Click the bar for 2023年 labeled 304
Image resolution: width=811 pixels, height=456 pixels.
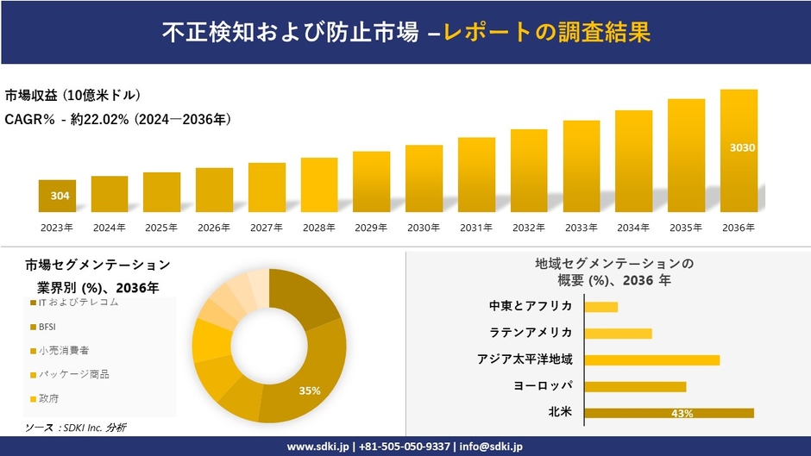pyautogui.click(x=57, y=196)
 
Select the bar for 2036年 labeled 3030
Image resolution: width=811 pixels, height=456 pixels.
pyautogui.click(x=739, y=151)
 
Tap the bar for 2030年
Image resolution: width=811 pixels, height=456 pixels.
pyautogui.click(x=424, y=178)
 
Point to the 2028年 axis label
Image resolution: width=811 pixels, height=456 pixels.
pyautogui.click(x=319, y=228)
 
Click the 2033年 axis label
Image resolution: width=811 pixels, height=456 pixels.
pyautogui.click(x=582, y=228)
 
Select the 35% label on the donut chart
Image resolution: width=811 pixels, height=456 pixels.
pyautogui.click(x=310, y=390)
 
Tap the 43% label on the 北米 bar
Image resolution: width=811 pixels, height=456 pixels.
pyautogui.click(x=682, y=414)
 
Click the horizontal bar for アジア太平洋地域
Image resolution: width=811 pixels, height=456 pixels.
pyautogui.click(x=651, y=359)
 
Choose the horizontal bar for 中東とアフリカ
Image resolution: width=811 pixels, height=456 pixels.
pyautogui.click(x=600, y=307)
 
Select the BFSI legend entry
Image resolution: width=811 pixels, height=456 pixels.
pyautogui.click(x=47, y=327)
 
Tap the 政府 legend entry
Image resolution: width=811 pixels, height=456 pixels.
pyautogui.click(x=47, y=398)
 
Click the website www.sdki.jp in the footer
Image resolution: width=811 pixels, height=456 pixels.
pyautogui.click(x=318, y=447)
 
